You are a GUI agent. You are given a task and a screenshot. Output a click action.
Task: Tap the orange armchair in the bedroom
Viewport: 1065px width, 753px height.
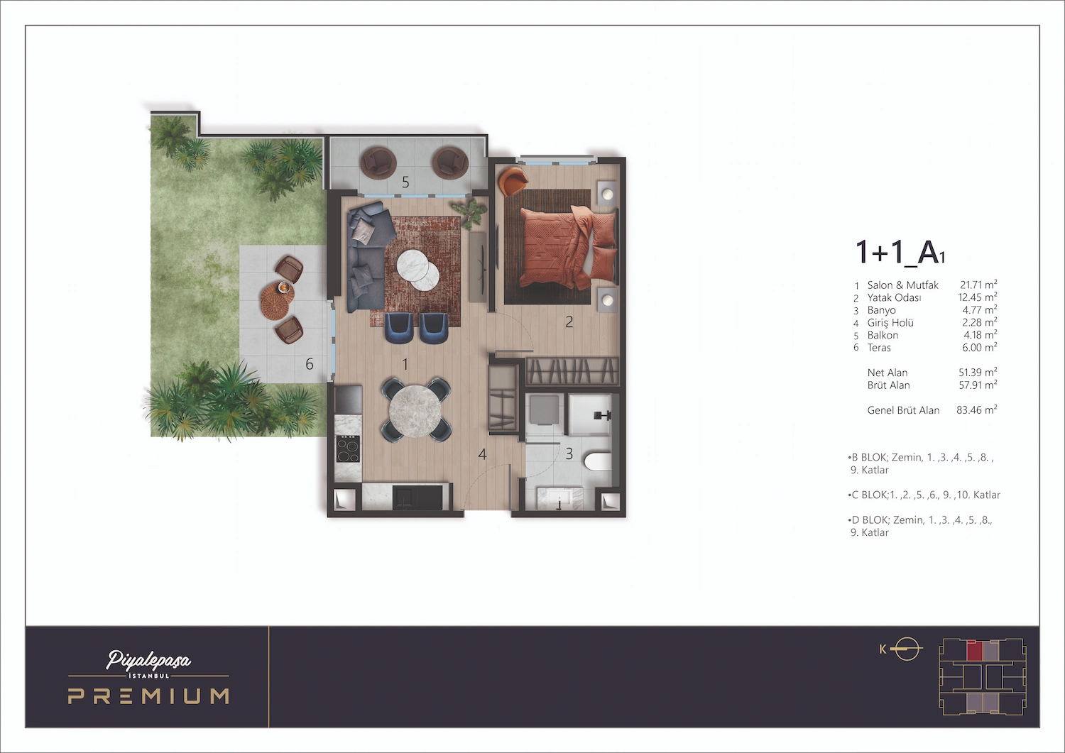click(x=513, y=180)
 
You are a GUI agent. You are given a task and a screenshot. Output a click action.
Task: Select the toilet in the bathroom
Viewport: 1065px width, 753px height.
click(x=597, y=461)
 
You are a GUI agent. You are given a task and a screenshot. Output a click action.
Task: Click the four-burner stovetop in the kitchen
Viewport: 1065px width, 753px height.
click(x=348, y=448)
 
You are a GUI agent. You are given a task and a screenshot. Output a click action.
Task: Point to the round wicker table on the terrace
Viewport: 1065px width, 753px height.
click(x=277, y=300)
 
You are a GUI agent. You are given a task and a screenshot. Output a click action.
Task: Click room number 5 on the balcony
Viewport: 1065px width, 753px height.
click(x=405, y=182)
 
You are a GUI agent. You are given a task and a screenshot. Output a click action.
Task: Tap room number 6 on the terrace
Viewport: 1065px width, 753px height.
click(x=310, y=364)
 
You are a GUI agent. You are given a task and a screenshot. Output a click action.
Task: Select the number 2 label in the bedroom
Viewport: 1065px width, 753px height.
click(x=569, y=322)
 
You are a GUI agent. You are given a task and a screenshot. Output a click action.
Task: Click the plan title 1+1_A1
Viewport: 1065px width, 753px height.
click(x=900, y=253)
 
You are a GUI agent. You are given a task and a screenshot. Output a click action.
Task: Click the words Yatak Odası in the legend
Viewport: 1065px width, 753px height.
click(x=894, y=297)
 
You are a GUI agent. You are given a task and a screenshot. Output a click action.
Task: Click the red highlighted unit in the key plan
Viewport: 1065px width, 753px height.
click(x=974, y=650)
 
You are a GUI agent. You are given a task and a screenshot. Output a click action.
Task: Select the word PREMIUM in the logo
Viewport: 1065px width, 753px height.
click(x=148, y=696)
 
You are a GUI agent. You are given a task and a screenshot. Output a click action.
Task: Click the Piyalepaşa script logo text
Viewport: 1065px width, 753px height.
click(x=148, y=660)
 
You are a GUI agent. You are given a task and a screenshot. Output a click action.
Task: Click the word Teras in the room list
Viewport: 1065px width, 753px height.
click(x=879, y=348)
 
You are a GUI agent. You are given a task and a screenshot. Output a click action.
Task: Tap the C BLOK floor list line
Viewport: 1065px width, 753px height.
click(x=924, y=495)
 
